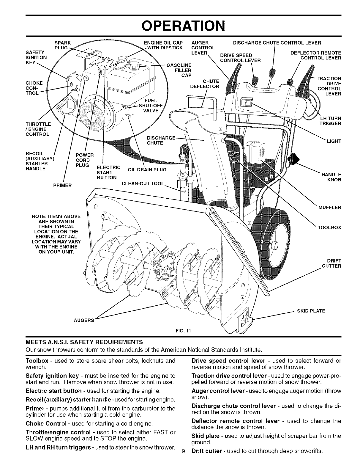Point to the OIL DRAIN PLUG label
(x=147, y=170)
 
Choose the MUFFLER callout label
(x=330, y=207)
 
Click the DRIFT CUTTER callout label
(x=332, y=263)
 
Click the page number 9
(x=183, y=461)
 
